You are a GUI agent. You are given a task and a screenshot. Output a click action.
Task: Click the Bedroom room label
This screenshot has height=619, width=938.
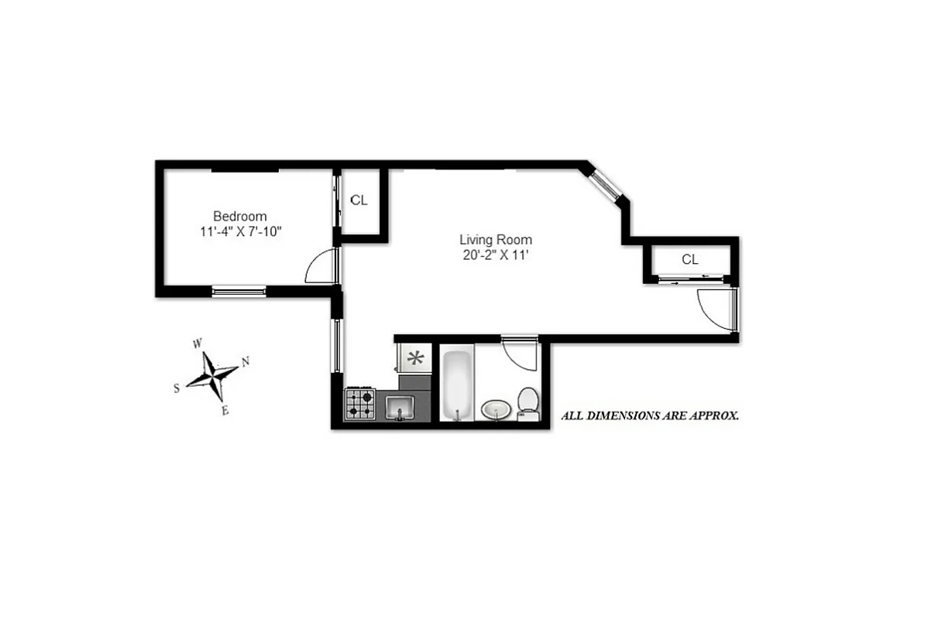pos(240,217)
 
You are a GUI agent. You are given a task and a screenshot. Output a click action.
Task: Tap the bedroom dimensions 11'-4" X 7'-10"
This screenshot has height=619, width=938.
pos(240,231)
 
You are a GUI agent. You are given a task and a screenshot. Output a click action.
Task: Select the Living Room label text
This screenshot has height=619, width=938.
pos(496,240)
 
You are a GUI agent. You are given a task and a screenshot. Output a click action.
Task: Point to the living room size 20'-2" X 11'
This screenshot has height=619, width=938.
pos(496,255)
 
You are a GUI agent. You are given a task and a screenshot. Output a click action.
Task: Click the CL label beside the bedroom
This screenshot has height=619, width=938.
pos(359,200)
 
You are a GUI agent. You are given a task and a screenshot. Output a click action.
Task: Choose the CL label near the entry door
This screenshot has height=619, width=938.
pos(690,260)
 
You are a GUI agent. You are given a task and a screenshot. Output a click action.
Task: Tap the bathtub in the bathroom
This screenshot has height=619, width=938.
pos(456,385)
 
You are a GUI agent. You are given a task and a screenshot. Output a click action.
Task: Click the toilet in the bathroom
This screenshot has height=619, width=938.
pos(528,402)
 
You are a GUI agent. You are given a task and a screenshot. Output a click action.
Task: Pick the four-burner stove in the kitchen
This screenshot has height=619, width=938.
pos(360,403)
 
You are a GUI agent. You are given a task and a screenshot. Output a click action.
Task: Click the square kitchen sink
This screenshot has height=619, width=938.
pos(400,405)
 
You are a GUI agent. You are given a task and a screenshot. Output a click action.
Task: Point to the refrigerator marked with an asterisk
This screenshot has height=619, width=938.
pos(415,357)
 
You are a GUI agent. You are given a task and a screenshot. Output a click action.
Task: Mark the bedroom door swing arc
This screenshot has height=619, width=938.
pos(319,268)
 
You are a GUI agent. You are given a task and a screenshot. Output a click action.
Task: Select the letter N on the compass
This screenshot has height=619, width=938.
pos(246,361)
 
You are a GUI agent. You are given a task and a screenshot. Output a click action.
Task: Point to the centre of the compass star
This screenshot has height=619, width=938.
pos(211,375)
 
